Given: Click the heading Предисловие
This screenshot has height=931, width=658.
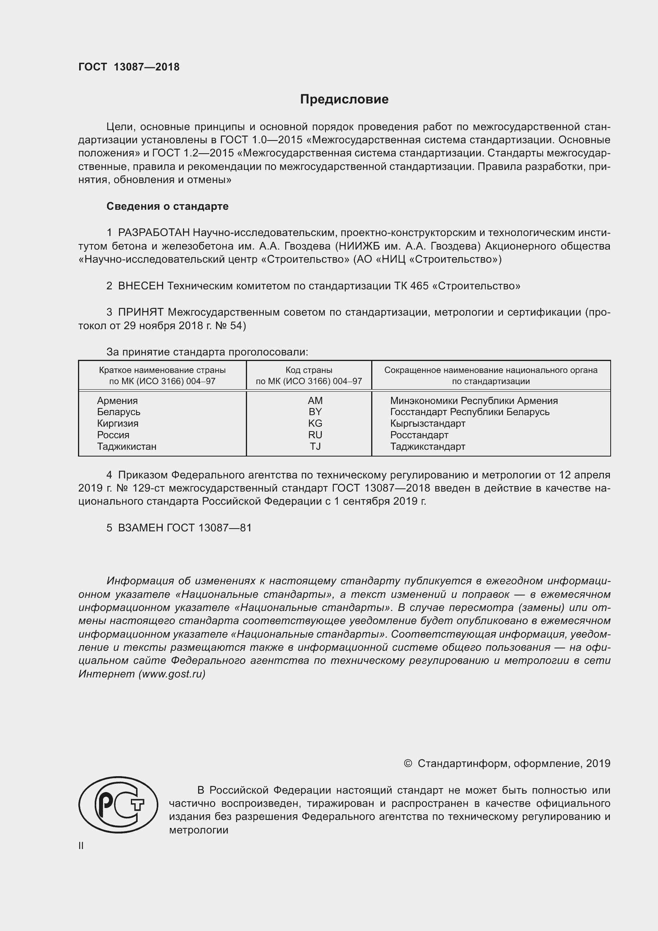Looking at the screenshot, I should tap(344, 100).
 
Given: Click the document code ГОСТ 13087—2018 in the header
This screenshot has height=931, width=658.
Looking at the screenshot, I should tap(129, 67).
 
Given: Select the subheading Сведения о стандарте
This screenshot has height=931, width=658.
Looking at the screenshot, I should tap(167, 207).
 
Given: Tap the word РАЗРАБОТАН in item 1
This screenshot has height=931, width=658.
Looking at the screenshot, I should tap(154, 233).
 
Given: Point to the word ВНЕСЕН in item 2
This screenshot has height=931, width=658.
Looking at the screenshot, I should tap(140, 286).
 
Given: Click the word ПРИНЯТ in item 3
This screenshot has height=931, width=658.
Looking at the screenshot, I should tap(140, 312).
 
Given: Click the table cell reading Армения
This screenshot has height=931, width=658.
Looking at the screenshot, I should tap(117, 401).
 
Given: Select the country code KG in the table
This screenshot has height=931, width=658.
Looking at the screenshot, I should tap(315, 424).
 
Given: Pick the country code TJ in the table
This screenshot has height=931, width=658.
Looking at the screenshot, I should tap(315, 447).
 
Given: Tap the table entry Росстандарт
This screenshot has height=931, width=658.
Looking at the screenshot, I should tap(419, 435).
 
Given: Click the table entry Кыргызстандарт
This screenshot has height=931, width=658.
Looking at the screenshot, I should tap(427, 424).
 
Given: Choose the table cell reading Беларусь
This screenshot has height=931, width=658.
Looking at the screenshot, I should tap(118, 412).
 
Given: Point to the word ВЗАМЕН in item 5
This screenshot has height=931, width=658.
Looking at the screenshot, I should tap(140, 527).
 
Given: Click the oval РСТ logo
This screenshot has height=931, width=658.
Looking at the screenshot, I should tap(118, 804).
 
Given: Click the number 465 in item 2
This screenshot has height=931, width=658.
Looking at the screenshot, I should tap(419, 286).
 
